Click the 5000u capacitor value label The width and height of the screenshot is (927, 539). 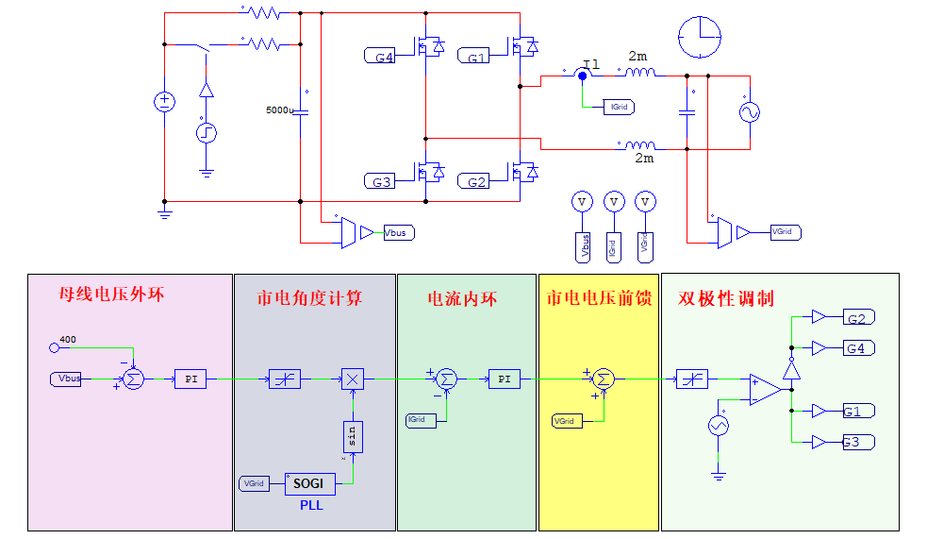coord(281,110)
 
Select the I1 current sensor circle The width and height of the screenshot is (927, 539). coord(582,74)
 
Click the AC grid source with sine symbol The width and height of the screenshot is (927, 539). coord(751,112)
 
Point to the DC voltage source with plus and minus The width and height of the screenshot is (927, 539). coord(164,102)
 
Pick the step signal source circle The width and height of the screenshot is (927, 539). coord(207,133)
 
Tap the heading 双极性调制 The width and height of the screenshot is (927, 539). coord(726,298)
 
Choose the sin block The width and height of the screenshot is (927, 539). coord(351,436)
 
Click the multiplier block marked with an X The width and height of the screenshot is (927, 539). coord(352,379)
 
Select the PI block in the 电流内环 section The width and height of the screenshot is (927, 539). coord(505,379)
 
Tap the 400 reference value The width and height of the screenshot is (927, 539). coord(68,338)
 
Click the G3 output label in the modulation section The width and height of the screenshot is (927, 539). coord(856,442)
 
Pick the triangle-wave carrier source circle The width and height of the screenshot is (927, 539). coord(718,427)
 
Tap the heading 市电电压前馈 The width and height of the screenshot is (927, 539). coord(599,298)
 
